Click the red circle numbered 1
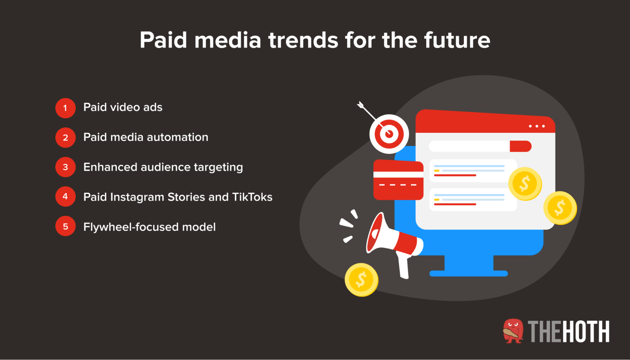point(65,108)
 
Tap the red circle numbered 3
point(65,167)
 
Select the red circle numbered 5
point(65,226)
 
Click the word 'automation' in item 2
point(177,137)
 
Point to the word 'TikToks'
point(252,197)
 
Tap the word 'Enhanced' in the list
point(110,167)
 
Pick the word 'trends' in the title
point(304,40)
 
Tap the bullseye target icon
point(389,134)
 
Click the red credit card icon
point(398,180)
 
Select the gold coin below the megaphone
point(361,280)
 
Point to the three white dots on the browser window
point(537,126)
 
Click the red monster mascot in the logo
point(513,331)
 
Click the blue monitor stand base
point(469,273)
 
